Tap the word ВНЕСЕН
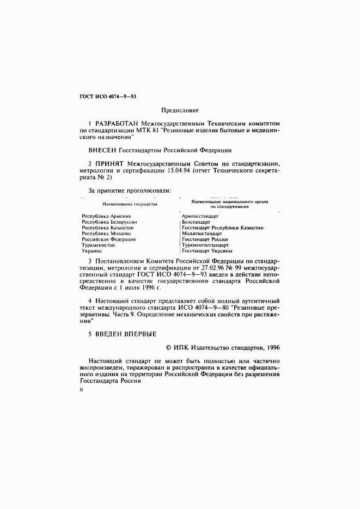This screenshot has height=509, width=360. point(102,149)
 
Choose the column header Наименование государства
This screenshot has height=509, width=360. point(126,204)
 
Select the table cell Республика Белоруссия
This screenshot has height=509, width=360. point(109,222)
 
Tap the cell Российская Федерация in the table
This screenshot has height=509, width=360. point(108,239)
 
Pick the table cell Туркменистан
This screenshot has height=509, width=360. point(98,245)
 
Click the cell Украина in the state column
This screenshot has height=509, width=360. point(91,251)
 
